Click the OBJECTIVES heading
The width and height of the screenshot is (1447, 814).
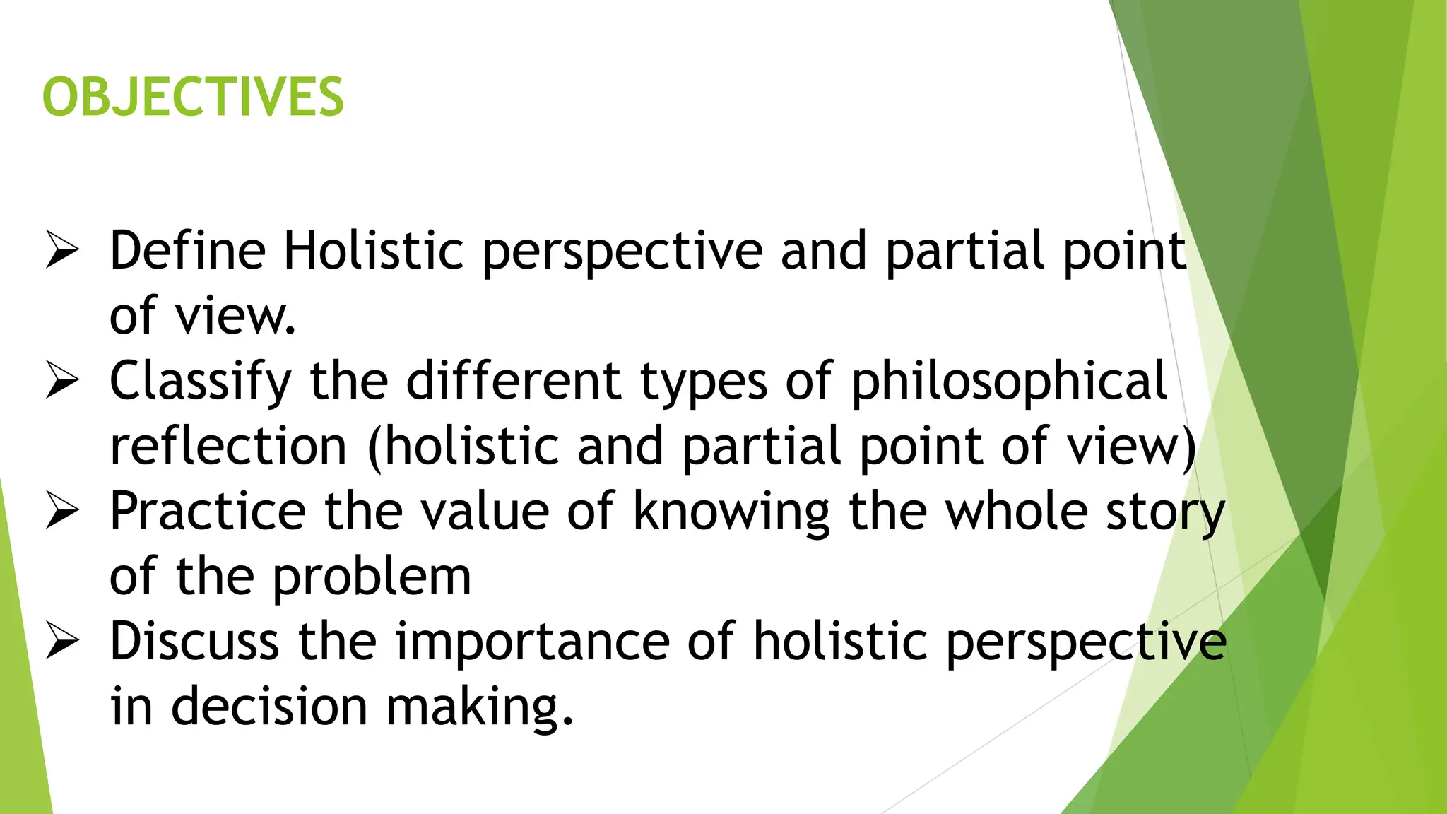(x=193, y=97)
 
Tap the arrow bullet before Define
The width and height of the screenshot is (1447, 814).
(x=62, y=251)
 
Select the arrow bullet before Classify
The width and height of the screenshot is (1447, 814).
(x=62, y=381)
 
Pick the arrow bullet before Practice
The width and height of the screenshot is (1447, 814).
(x=62, y=511)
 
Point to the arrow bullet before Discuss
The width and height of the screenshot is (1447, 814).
(x=62, y=642)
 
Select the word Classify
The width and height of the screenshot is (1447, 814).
(x=201, y=382)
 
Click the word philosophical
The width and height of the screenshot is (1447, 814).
(x=1009, y=382)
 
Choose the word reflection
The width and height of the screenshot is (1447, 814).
(x=228, y=447)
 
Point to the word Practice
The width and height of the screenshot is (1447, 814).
(x=208, y=512)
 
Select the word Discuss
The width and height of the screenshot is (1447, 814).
(x=194, y=642)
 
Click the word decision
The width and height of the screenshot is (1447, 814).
(x=269, y=707)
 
